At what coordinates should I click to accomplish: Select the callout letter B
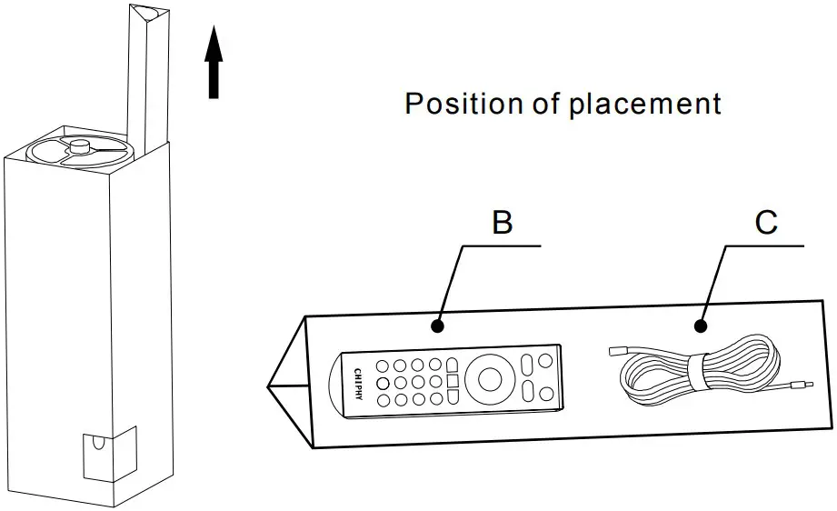tap(502, 223)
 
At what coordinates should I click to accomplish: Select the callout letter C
tap(766, 223)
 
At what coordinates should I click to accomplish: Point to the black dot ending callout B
tap(438, 325)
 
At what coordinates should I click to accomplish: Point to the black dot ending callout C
tap(701, 325)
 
